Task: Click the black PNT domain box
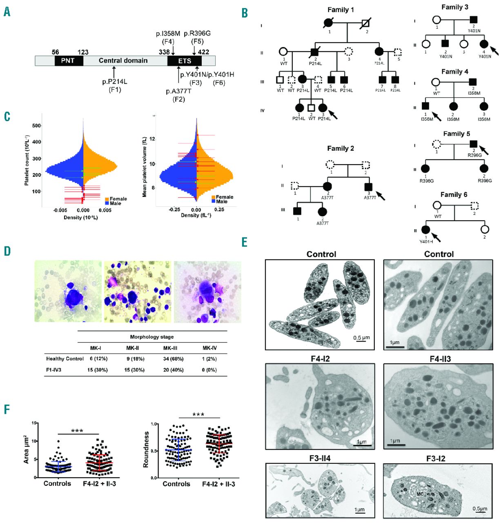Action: [x=69, y=61]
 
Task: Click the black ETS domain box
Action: [x=184, y=61]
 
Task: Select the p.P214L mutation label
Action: [x=115, y=82]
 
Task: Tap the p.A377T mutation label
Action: [x=178, y=91]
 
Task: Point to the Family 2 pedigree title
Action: [x=340, y=149]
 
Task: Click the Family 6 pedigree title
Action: [x=454, y=194]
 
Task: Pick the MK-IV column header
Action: [x=209, y=348]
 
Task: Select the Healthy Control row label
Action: [x=65, y=359]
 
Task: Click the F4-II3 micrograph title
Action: [x=439, y=359]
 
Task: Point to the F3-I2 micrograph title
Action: [x=439, y=458]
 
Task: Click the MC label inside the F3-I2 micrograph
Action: [x=419, y=494]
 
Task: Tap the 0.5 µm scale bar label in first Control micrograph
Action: [x=361, y=337]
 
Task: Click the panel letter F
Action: [x=7, y=410]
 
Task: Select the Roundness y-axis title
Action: [x=145, y=453]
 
